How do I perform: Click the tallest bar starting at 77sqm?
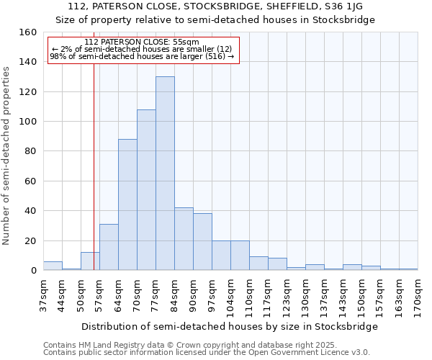(x=165, y=173)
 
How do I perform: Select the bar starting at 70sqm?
(x=146, y=189)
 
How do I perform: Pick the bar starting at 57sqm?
(x=109, y=247)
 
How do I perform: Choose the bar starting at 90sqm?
(x=202, y=242)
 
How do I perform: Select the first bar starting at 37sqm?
(x=53, y=266)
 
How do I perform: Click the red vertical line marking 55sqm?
(x=94, y=180)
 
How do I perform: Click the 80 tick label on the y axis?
(x=31, y=151)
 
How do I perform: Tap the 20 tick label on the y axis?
(x=31, y=240)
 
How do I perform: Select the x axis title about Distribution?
(x=230, y=326)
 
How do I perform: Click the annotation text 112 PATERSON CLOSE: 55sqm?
(x=141, y=42)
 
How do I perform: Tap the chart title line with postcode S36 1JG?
(x=216, y=6)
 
